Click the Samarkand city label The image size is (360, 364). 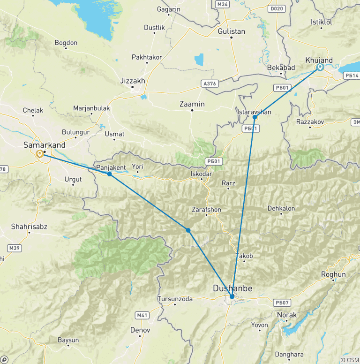(45, 145)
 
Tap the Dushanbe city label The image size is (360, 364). (232, 288)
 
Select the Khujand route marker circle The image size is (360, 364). (320, 68)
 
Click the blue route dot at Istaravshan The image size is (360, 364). (255, 117)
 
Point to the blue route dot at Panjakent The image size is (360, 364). (109, 174)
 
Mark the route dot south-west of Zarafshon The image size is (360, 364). (188, 230)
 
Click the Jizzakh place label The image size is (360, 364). (133, 81)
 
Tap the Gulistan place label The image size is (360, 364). (232, 31)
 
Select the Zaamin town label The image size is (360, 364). (192, 104)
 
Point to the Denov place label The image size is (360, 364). (140, 330)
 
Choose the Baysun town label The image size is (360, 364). (68, 340)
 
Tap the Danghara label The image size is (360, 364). (290, 355)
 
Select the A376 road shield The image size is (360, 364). (210, 84)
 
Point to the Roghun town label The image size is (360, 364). (333, 274)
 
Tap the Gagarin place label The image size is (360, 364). (169, 9)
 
